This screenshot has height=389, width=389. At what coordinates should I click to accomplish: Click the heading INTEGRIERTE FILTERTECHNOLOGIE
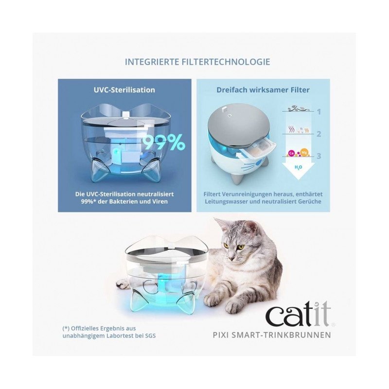click(197, 62)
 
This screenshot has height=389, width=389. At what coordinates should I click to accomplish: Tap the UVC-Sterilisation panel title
click(124, 90)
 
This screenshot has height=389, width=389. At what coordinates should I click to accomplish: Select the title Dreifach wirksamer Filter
click(263, 90)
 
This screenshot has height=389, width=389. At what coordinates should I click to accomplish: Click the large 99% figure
click(164, 142)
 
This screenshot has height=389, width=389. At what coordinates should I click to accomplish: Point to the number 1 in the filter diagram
click(319, 112)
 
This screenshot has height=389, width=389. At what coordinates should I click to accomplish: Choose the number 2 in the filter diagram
click(319, 134)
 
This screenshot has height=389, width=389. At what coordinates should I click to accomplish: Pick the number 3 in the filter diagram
click(319, 156)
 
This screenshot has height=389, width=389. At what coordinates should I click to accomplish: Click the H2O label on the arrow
click(298, 167)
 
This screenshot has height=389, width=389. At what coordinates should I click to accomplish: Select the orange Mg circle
click(304, 152)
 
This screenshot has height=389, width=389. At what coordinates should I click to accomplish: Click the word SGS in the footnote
click(150, 336)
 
